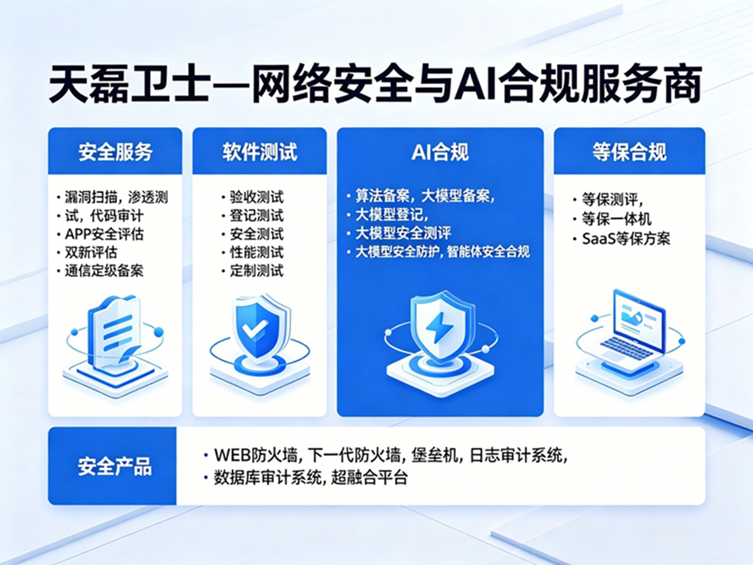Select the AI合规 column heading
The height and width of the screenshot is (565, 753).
click(x=440, y=152)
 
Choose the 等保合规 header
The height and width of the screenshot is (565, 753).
click(x=630, y=152)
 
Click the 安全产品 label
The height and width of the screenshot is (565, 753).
click(x=114, y=466)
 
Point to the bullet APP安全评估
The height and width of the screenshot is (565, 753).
click(x=104, y=235)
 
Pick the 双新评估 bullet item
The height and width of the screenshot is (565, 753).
click(x=91, y=253)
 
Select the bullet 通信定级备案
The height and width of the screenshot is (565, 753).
click(x=104, y=271)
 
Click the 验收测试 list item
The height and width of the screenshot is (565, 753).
click(x=257, y=197)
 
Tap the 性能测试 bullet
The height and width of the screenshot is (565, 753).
click(x=257, y=253)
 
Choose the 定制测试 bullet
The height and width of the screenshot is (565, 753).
click(x=257, y=271)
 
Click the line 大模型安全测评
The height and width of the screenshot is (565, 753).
click(x=403, y=233)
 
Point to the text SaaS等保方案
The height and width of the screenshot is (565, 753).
click(x=626, y=239)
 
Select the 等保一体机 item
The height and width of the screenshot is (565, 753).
click(x=616, y=219)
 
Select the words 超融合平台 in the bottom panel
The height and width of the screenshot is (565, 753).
click(x=369, y=477)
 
